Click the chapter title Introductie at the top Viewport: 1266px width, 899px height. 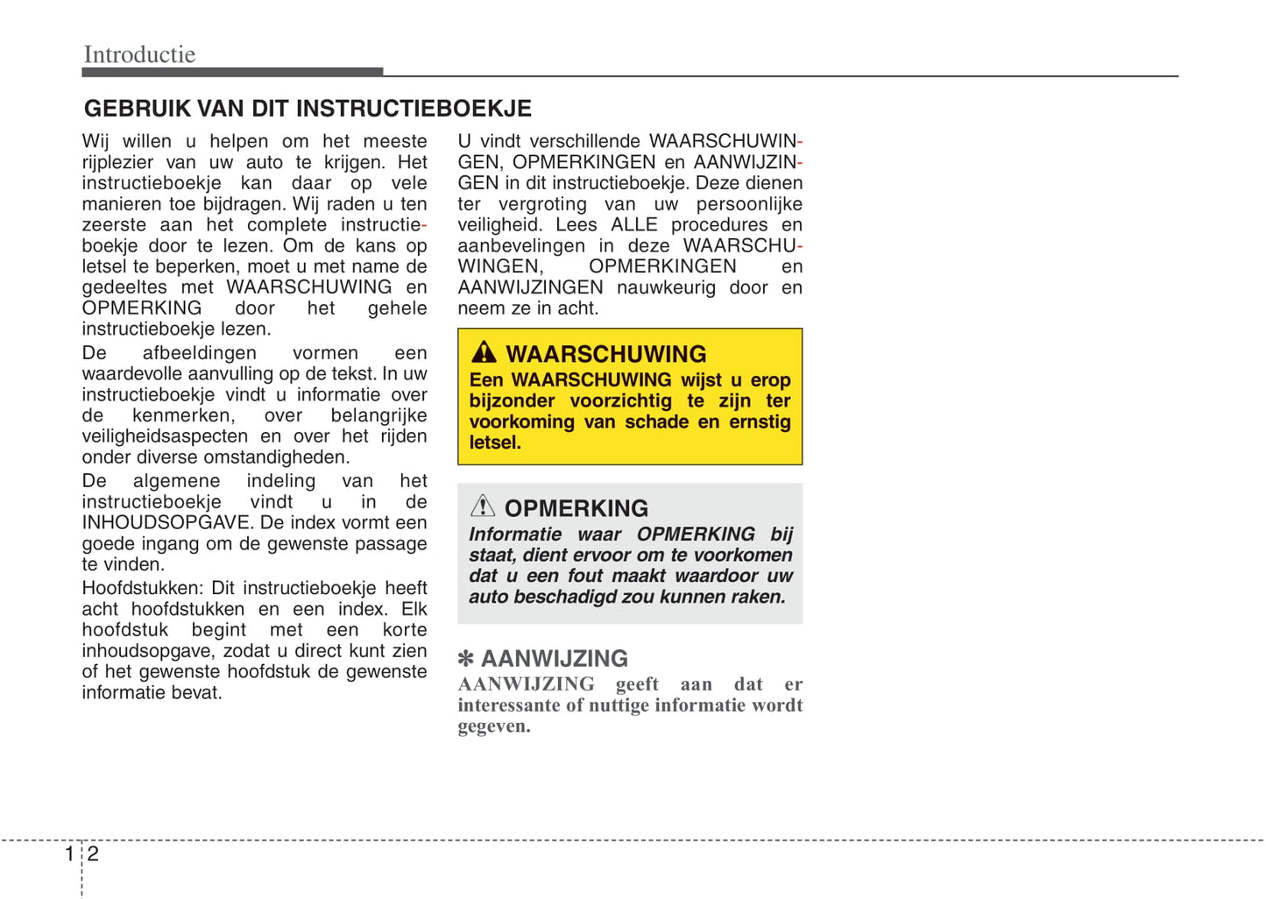click(x=139, y=54)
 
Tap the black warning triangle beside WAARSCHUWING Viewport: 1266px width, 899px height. click(x=484, y=352)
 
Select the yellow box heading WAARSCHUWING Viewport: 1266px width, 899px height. click(x=605, y=354)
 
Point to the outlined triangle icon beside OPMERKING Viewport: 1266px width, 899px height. click(x=483, y=506)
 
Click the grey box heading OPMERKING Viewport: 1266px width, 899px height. click(x=576, y=508)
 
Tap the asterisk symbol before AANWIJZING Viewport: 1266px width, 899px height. click(x=466, y=659)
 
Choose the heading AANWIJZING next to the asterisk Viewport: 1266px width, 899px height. click(x=555, y=659)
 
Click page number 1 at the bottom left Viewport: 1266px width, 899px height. click(x=69, y=853)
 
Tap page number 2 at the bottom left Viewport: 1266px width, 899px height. click(x=93, y=853)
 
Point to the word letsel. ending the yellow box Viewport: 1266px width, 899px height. click(x=495, y=443)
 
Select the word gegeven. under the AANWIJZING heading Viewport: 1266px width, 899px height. click(x=494, y=726)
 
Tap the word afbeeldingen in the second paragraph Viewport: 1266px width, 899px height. click(x=200, y=353)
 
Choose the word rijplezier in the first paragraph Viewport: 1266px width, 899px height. click(x=117, y=163)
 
